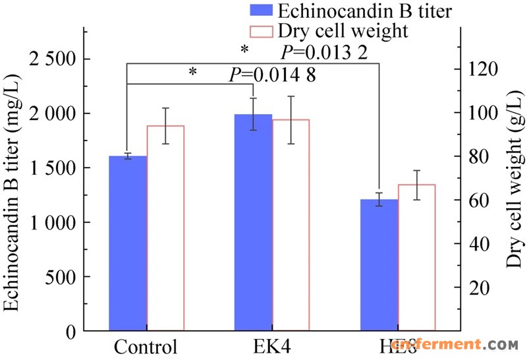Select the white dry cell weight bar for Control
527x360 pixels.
tap(165, 227)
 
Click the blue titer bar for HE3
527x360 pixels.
tap(379, 264)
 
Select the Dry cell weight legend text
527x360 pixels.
tap(343, 30)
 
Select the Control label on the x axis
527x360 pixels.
tap(146, 347)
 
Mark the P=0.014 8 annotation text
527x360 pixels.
tap(272, 75)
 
